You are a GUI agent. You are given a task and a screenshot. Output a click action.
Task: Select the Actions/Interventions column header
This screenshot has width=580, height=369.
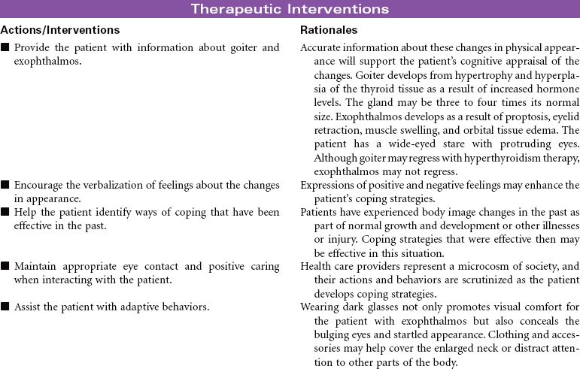60,30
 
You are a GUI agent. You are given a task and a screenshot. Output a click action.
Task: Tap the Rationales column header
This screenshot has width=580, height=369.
329,30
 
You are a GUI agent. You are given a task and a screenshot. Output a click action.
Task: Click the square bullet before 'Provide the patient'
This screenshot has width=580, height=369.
5,48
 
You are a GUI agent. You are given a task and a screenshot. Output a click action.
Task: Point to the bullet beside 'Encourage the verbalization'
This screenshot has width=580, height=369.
5,185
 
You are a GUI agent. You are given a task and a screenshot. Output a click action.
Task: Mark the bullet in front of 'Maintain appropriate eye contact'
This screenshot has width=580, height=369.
5,266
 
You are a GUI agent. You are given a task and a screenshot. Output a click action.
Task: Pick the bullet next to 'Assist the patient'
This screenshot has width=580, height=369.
5,307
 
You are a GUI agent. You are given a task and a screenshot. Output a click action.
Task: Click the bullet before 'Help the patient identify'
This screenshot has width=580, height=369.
5,212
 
